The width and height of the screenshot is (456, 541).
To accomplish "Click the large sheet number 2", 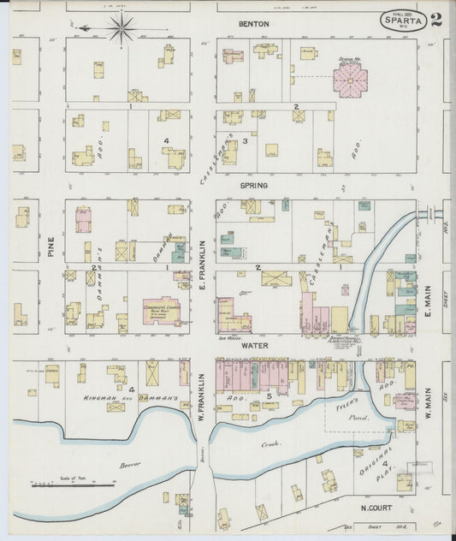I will pos(436,21).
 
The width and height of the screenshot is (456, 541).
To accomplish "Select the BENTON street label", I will pos(253,24).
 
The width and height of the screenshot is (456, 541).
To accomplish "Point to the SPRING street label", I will pos(253,185).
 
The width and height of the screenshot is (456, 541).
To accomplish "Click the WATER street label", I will pos(253,346).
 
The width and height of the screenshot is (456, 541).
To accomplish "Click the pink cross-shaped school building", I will pos(350,79).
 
